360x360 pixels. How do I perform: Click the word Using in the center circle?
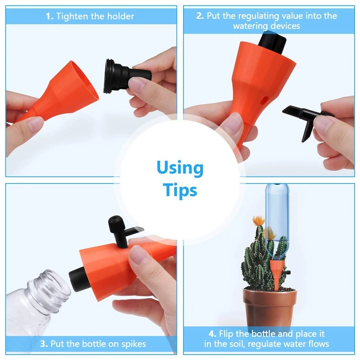pyautogui.click(x=180, y=168)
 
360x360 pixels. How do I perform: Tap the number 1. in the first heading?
pyautogui.click(x=49, y=16)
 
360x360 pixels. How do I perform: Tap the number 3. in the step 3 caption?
pyautogui.click(x=44, y=344)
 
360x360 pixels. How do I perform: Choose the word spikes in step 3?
pyautogui.click(x=134, y=344)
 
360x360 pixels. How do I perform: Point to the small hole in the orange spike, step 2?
pyautogui.click(x=265, y=100)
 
